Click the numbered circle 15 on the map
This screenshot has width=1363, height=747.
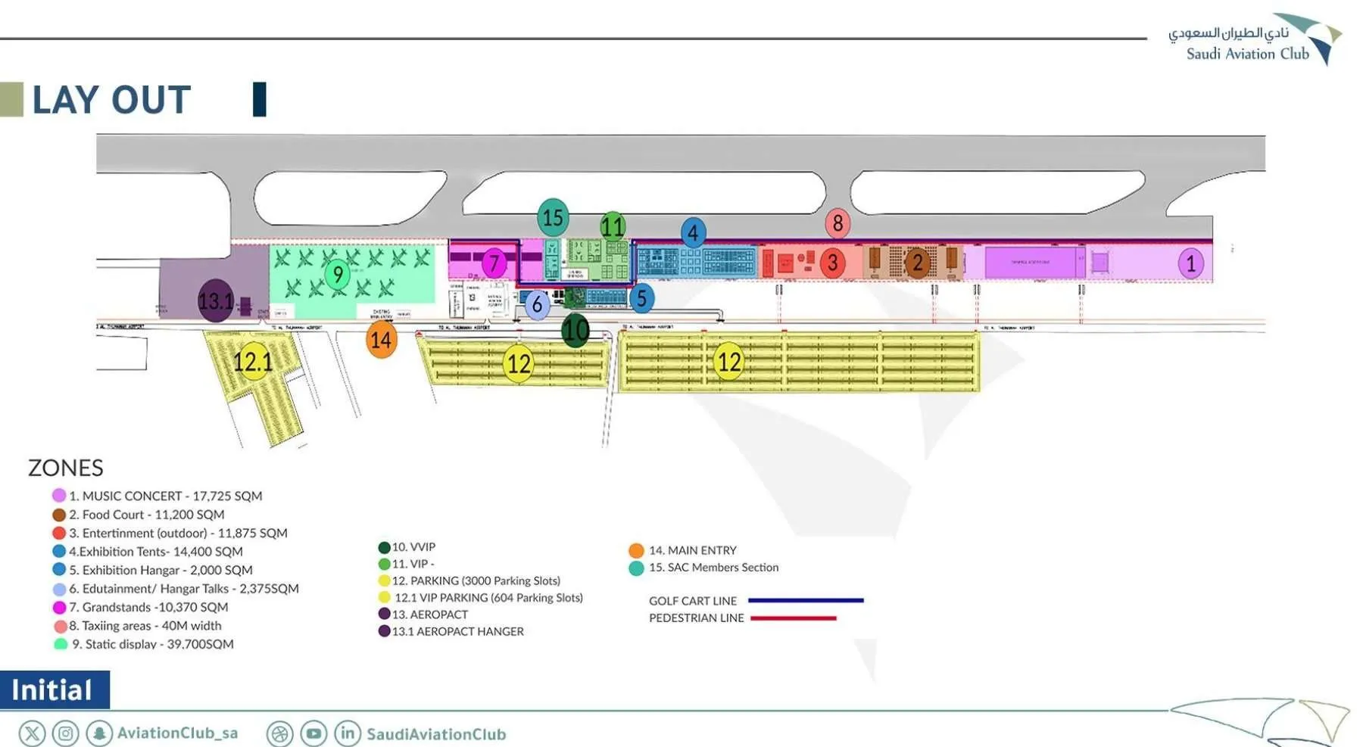[553, 218]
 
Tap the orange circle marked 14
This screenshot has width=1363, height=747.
[381, 340]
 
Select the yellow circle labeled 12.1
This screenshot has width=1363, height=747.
[252, 362]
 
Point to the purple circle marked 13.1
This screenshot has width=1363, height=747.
[216, 300]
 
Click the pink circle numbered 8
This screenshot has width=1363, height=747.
[837, 223]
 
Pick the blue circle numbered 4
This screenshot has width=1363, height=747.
[693, 233]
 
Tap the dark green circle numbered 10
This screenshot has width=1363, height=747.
[575, 330]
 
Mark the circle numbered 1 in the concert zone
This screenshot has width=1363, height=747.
[1190, 263]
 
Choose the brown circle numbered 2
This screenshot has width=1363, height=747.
[917, 263]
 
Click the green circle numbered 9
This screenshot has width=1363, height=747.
[338, 274]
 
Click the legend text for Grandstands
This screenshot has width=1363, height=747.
[154, 607]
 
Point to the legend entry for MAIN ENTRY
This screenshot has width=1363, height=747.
[692, 550]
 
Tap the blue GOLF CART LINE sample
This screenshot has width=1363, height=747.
[806, 600]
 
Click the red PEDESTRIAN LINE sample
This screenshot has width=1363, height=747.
[794, 618]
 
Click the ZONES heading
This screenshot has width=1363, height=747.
[66, 468]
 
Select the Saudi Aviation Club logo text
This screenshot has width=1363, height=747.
[1247, 54]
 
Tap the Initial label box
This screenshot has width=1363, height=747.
[53, 689]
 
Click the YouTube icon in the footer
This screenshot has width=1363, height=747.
[313, 733]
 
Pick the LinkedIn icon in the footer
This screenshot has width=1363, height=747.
[348, 733]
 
